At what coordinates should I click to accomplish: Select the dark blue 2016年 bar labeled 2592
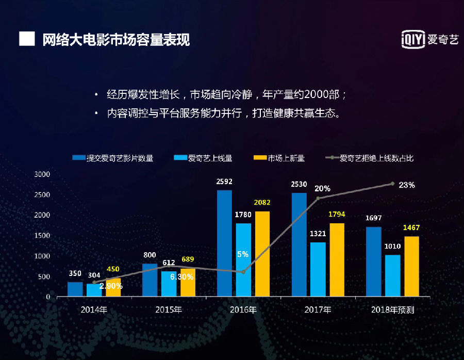(224, 243)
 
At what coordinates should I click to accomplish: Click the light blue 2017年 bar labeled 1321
(318, 269)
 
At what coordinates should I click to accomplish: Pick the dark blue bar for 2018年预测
(373, 261)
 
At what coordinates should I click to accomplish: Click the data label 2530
(299, 184)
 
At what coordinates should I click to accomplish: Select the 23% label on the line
(407, 185)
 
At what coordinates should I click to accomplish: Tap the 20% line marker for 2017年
(318, 198)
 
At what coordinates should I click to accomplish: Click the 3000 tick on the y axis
(42, 174)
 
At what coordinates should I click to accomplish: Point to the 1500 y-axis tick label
(42, 236)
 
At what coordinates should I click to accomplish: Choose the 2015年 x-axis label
(169, 310)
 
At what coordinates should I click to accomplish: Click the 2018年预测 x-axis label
(393, 310)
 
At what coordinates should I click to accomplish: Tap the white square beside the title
(27, 39)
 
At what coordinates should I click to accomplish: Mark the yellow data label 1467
(411, 227)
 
